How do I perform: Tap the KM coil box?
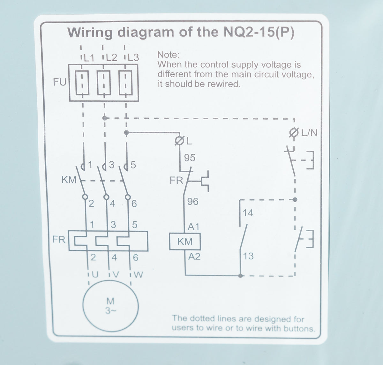(185, 242)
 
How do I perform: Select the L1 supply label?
(89, 58)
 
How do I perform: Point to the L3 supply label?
(133, 57)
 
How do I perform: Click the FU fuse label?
(60, 82)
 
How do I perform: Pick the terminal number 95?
(190, 158)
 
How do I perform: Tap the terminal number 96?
(193, 201)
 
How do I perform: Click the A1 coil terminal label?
(193, 227)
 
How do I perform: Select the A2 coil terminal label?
(194, 257)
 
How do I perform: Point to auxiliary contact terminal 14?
(248, 213)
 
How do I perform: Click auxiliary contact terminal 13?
(248, 256)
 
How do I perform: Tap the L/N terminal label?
(310, 133)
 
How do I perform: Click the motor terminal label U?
(95, 275)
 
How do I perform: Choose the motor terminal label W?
(138, 275)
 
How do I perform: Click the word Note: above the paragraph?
(168, 55)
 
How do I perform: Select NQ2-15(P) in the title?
(259, 32)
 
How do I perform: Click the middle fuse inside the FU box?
(104, 83)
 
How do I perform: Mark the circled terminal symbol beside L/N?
(294, 132)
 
